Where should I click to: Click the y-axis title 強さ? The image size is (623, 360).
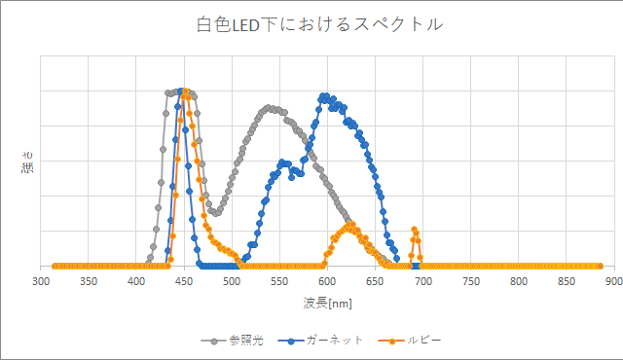click(26, 162)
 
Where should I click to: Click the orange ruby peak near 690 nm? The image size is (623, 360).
click(414, 230)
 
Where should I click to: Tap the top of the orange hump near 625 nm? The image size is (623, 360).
click(350, 226)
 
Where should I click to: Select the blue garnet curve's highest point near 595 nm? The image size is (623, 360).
click(322, 95)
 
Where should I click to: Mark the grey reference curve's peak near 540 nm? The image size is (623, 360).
click(270, 107)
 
